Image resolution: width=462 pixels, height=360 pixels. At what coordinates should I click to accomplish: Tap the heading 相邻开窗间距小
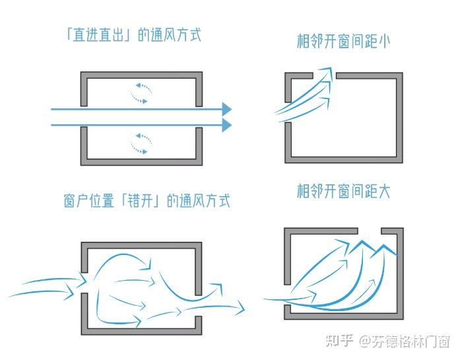pyautogui.click(x=343, y=41)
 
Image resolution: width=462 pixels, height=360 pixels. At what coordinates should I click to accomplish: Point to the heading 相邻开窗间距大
pyautogui.click(x=343, y=192)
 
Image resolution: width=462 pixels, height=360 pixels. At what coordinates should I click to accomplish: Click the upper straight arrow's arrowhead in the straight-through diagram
pyautogui.click(x=226, y=109)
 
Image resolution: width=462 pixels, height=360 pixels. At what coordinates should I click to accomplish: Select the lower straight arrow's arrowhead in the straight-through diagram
pyautogui.click(x=226, y=125)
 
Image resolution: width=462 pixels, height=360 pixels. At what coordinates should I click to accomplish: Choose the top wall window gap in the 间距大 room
pyautogui.click(x=369, y=231)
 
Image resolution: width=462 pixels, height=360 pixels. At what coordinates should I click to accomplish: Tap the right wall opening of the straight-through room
pyautogui.click(x=198, y=117)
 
